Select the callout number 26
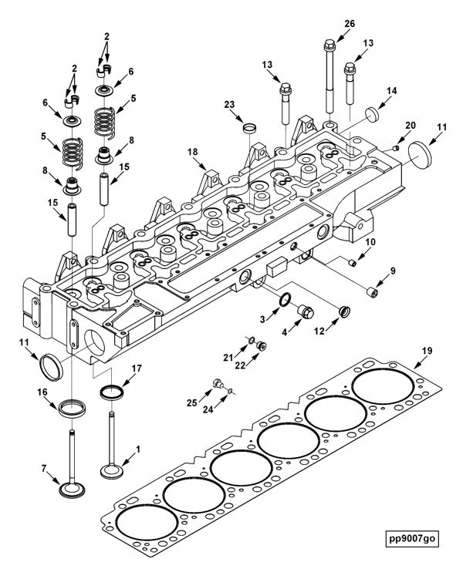pos(350,24)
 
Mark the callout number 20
pos(410,125)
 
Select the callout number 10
pos(370,242)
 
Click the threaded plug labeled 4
pos(306,311)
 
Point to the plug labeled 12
pos(343,311)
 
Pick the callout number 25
pos(191,402)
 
